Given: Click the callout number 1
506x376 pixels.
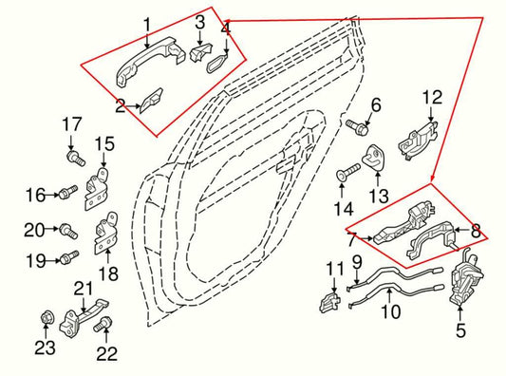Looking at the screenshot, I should coord(146,23).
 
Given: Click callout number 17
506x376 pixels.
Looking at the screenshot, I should coord(73,123).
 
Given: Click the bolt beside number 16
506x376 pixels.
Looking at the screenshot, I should coord(64,195).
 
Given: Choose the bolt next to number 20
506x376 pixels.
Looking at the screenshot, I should coord(66,229).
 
